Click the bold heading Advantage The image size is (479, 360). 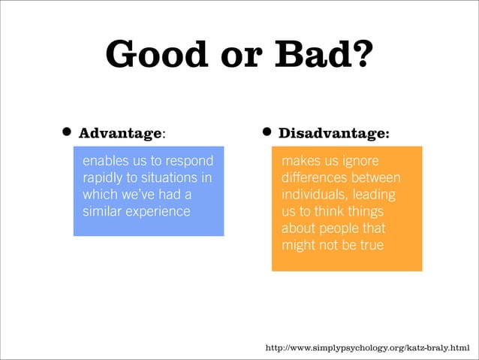(121, 134)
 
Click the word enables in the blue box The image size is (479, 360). (104, 162)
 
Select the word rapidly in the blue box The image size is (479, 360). (103, 178)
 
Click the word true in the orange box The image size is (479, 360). (369, 245)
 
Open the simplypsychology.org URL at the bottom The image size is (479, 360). (367, 348)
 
